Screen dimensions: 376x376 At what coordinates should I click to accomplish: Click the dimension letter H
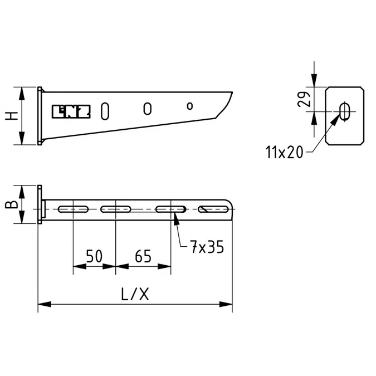click(x=12, y=116)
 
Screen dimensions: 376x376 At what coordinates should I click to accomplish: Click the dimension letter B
click(x=12, y=204)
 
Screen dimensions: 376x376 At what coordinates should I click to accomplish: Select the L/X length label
click(x=135, y=294)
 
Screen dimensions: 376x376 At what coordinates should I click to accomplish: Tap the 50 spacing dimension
click(x=94, y=256)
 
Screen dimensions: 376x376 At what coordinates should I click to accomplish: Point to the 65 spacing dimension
click(x=143, y=256)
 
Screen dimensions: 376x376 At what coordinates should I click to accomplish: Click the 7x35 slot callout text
click(x=207, y=247)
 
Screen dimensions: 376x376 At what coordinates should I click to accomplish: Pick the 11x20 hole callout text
click(x=284, y=152)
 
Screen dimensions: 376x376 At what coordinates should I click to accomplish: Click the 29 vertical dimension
click(x=304, y=99)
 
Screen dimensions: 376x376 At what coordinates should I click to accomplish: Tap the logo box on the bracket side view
click(x=71, y=111)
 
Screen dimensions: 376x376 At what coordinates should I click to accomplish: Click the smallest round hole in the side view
click(x=190, y=106)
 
